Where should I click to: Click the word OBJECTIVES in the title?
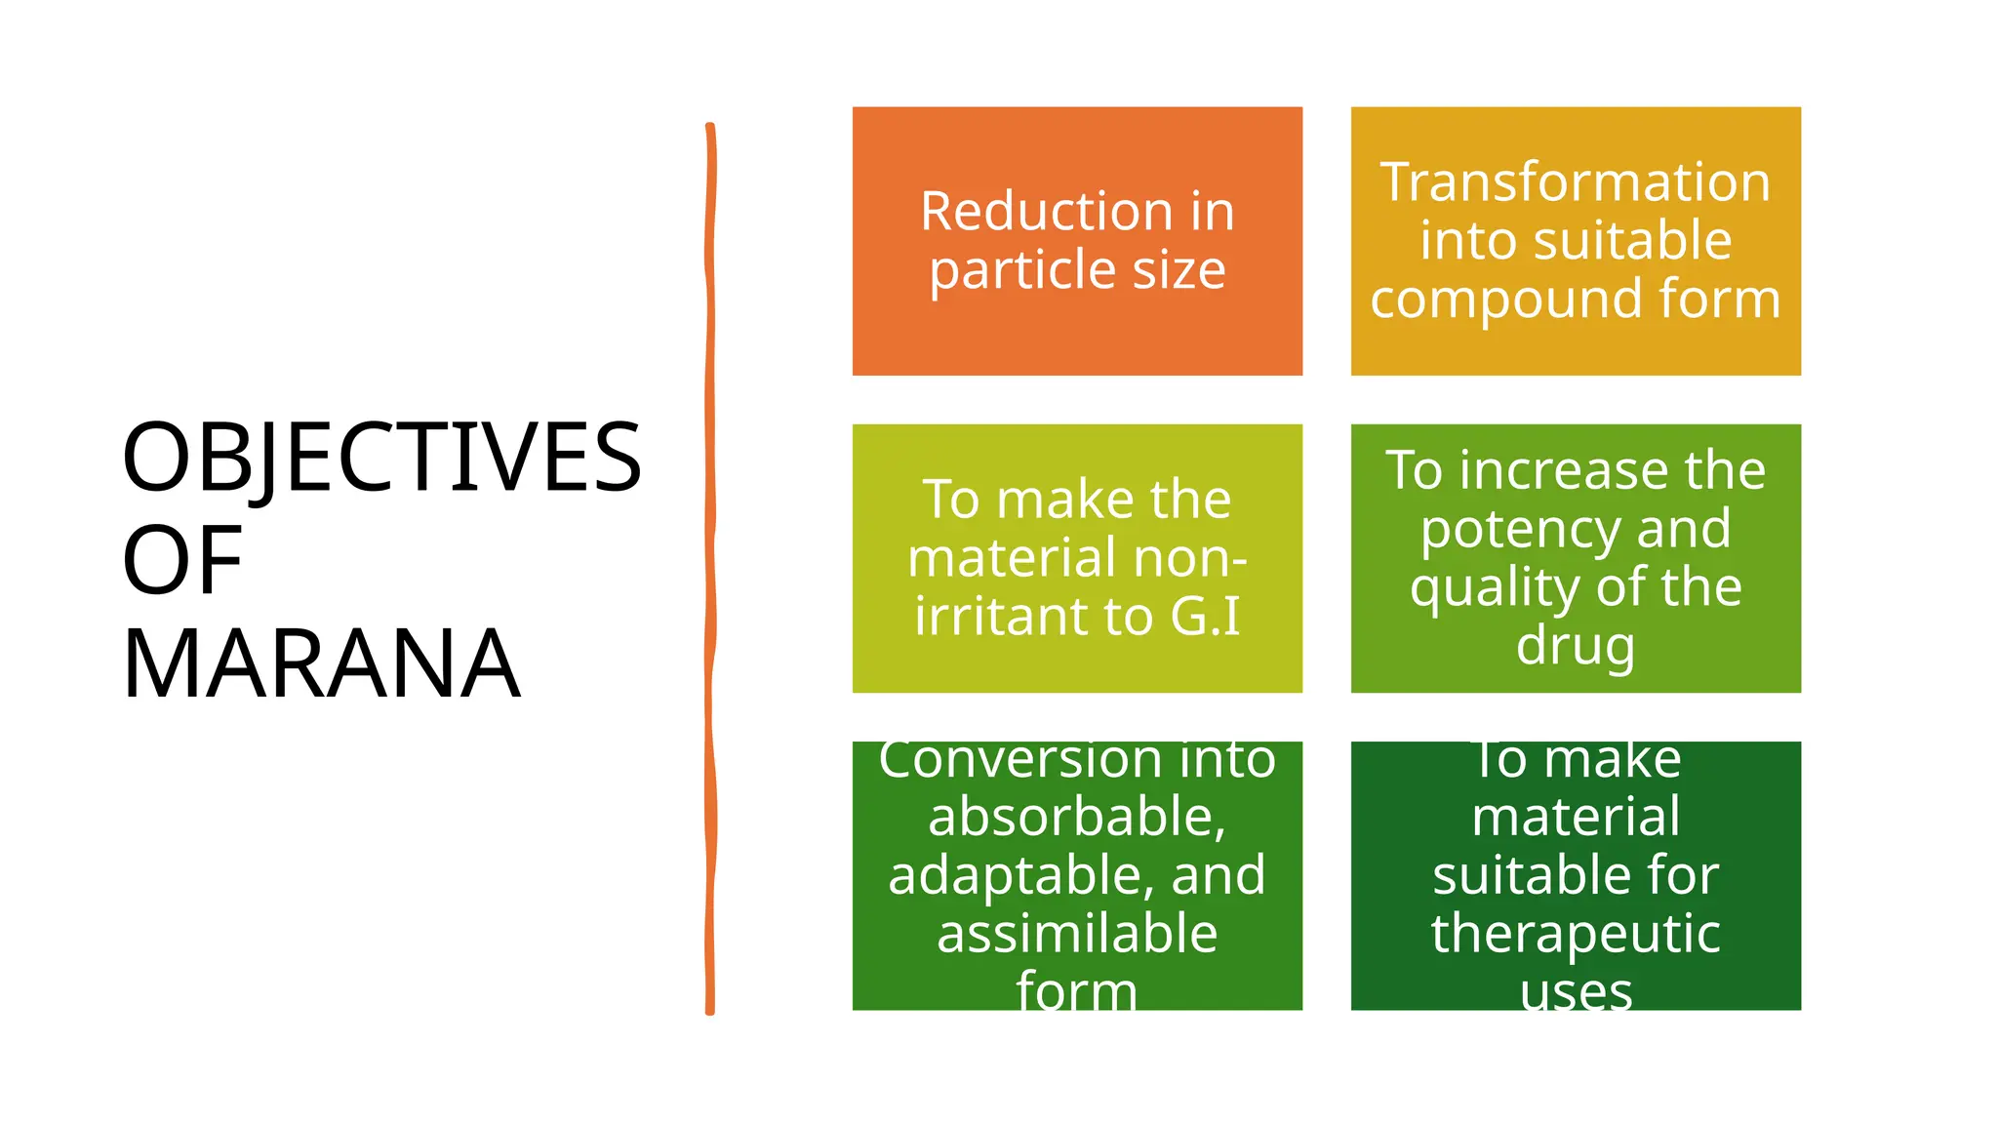(381, 457)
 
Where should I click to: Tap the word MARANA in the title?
(321, 664)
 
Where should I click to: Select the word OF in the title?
(182, 561)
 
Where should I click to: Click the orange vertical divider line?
(710, 566)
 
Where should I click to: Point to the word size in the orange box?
(1179, 270)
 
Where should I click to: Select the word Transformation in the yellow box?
(1575, 182)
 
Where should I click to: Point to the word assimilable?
(1077, 934)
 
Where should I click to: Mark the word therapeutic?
(1575, 935)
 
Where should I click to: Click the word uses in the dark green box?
(1575, 992)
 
